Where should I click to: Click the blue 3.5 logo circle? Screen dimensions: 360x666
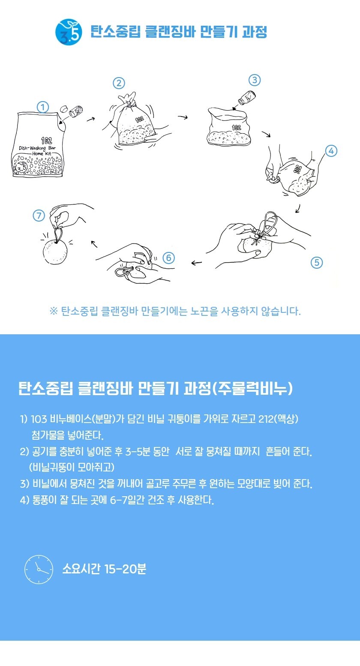(x=69, y=32)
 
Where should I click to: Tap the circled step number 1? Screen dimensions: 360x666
(x=43, y=107)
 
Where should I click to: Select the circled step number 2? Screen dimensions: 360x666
(x=119, y=83)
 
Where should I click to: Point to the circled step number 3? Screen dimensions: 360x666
(x=255, y=80)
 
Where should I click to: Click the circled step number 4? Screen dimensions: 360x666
(x=331, y=151)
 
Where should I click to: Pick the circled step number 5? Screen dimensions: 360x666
(x=317, y=263)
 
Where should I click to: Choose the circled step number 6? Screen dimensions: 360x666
(x=168, y=258)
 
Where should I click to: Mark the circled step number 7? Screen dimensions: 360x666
(x=39, y=216)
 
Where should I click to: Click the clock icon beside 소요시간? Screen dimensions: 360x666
(x=39, y=569)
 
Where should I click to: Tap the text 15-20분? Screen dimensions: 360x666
(x=125, y=569)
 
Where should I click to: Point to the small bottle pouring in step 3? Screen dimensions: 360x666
(x=246, y=98)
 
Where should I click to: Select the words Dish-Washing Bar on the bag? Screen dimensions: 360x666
(x=37, y=148)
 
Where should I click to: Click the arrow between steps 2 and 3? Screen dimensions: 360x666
(x=183, y=117)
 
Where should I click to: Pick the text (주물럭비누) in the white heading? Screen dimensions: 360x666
(x=253, y=388)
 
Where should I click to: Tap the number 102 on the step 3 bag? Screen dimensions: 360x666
(x=236, y=128)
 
